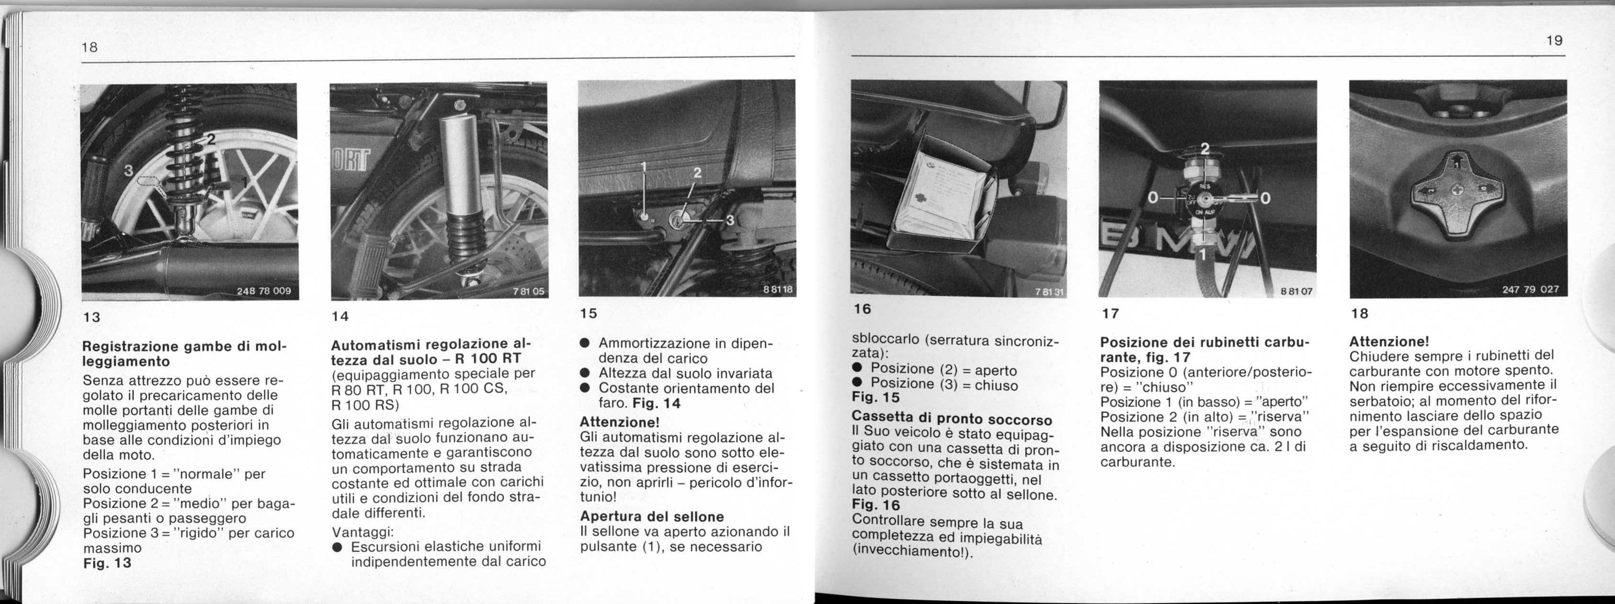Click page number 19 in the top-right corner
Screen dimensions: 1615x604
(x=1554, y=41)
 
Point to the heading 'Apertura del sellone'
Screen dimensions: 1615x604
(x=652, y=516)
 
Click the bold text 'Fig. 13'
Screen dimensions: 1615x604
(x=107, y=563)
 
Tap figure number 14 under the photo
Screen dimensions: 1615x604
(x=340, y=317)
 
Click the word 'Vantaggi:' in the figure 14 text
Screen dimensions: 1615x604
(x=362, y=532)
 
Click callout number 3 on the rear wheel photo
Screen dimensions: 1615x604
(x=128, y=170)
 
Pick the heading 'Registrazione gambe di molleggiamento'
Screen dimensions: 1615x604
(x=184, y=354)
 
